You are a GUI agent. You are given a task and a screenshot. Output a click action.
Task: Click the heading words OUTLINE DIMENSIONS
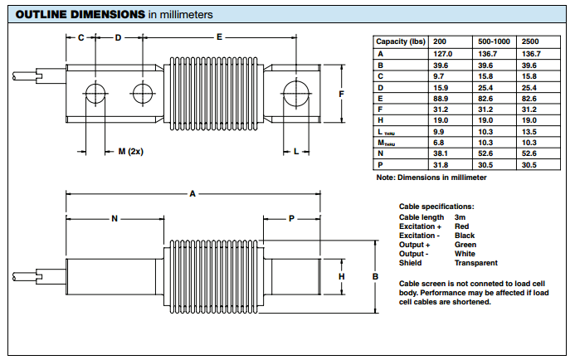tap(73, 15)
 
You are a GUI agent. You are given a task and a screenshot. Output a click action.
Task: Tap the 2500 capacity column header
tap(532, 41)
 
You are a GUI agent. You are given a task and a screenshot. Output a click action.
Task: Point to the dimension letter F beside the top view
tap(342, 94)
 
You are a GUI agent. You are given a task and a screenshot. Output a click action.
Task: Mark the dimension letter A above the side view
tap(192, 194)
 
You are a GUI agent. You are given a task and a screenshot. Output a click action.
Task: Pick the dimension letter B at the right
tap(375, 276)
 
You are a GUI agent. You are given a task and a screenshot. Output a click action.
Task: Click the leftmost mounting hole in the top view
tap(94, 92)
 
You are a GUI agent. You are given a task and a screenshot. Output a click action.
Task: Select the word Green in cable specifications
tap(465, 245)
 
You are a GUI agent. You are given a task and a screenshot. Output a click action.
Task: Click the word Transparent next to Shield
tap(476, 263)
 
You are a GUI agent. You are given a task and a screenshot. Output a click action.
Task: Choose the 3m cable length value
tap(460, 217)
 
